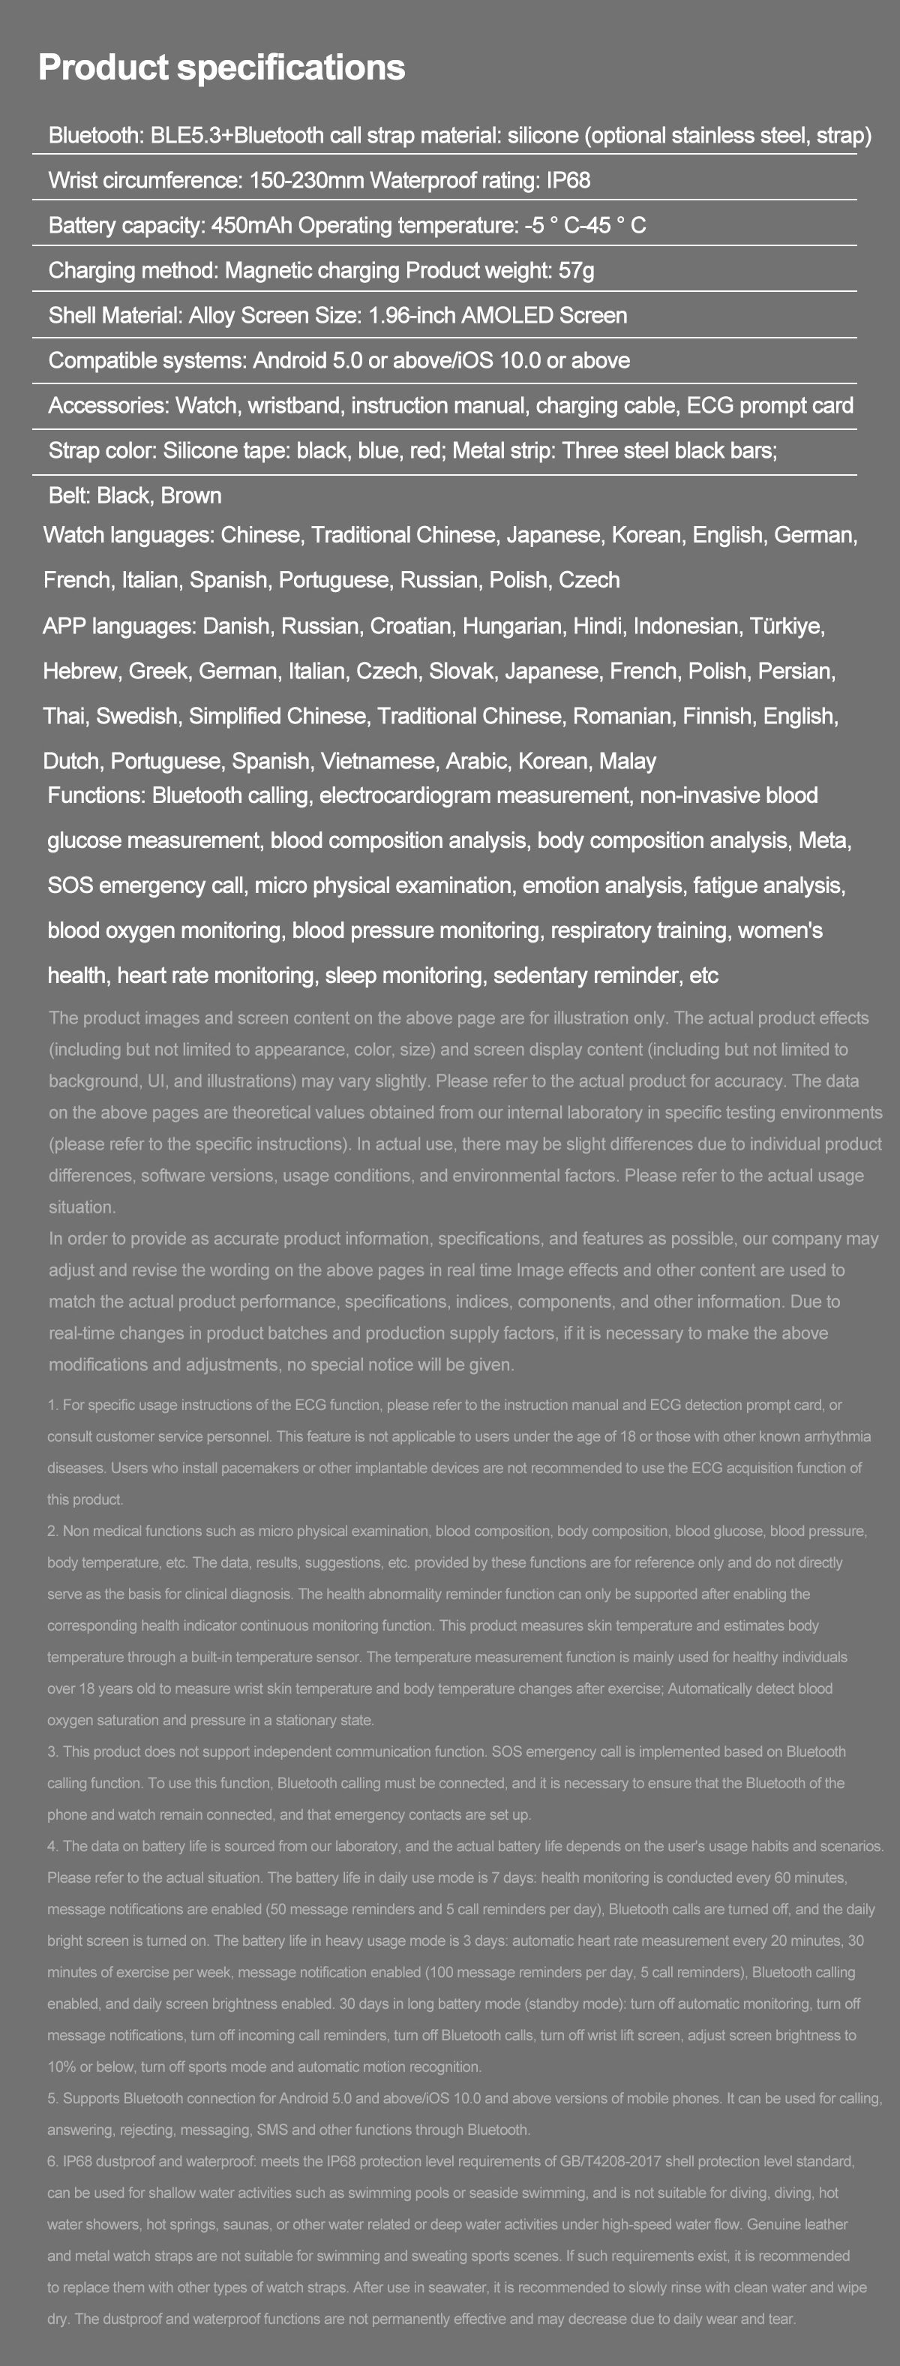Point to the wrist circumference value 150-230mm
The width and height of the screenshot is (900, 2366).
(x=307, y=180)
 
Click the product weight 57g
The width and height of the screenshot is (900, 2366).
(x=576, y=270)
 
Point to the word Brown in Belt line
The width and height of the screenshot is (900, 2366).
(x=191, y=495)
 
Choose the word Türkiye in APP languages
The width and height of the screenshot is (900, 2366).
(x=786, y=626)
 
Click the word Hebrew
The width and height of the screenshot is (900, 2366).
(x=80, y=671)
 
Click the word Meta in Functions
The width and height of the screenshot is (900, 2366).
(x=823, y=840)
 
